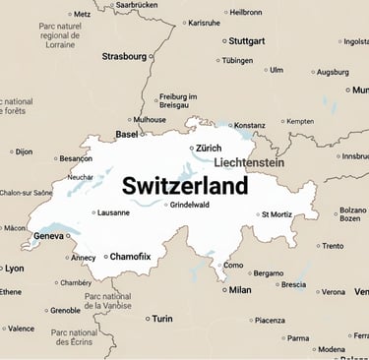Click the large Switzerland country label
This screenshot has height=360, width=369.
click(x=185, y=185)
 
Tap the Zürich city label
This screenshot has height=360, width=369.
click(x=209, y=148)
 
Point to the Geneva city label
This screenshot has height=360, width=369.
click(x=48, y=236)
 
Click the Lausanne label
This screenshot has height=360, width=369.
click(x=113, y=212)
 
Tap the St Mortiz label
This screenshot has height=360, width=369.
click(x=277, y=213)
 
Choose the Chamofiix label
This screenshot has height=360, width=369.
click(x=130, y=257)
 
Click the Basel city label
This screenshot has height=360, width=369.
click(x=127, y=134)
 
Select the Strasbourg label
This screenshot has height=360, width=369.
click(x=123, y=56)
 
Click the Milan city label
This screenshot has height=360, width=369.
click(x=239, y=290)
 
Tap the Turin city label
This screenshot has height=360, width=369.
click(x=161, y=319)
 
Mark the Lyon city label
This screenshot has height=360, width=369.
click(x=14, y=268)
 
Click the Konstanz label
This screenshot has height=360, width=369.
click(x=249, y=126)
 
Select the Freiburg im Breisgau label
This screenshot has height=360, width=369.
click(x=179, y=101)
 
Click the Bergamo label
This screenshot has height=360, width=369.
click(x=268, y=272)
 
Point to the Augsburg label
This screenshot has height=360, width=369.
click(x=333, y=72)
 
